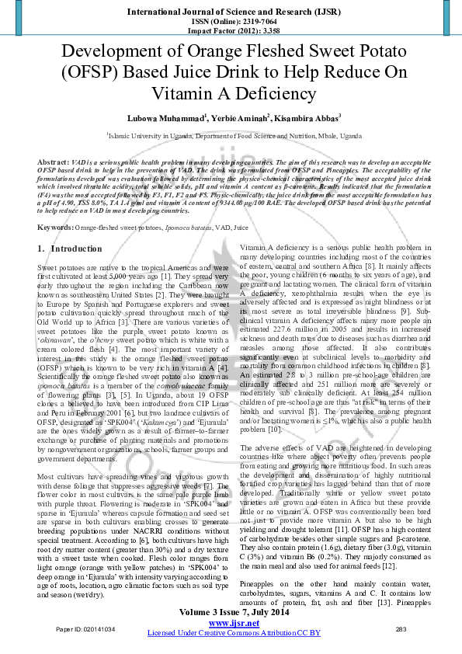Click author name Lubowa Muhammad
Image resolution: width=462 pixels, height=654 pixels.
point(166,118)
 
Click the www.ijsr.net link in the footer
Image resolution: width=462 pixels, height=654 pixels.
point(234,623)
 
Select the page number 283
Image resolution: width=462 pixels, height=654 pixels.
point(401,629)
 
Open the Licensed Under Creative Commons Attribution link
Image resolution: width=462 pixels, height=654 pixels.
point(234,633)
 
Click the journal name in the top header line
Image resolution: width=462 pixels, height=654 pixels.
point(231,12)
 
